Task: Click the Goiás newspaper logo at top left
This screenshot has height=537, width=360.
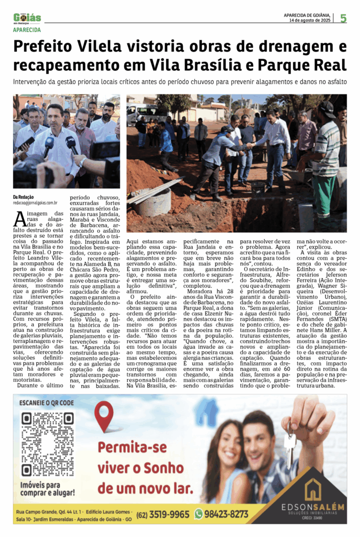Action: click(x=27, y=18)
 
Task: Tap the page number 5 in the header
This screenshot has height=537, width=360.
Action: click(x=343, y=18)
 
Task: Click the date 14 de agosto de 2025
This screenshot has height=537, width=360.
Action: click(x=310, y=21)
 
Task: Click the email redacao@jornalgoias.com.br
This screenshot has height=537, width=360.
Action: click(x=35, y=202)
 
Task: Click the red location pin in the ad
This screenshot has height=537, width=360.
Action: click(x=104, y=416)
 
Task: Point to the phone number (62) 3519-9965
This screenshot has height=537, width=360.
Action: click(x=163, y=514)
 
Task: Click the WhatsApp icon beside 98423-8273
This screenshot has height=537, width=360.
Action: click(x=198, y=514)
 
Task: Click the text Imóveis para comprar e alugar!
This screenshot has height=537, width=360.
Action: click(x=47, y=489)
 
